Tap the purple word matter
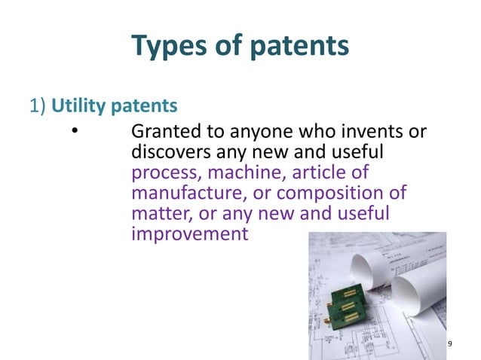pyautogui.click(x=155, y=215)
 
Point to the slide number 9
pyautogui.click(x=450, y=344)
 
